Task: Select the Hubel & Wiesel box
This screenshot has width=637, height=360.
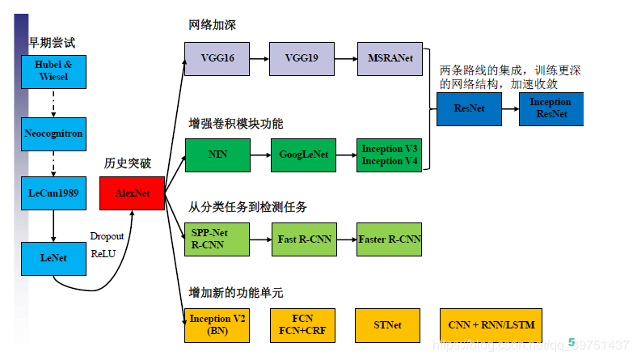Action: tap(52, 71)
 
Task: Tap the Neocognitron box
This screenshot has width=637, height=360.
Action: tap(52, 133)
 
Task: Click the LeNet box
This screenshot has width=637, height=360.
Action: tap(52, 257)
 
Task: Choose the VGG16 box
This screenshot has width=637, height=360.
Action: tap(217, 59)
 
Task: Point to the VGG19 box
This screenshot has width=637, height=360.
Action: tap(302, 59)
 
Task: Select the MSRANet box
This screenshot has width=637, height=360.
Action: tap(389, 59)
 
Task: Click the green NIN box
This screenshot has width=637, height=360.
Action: tap(217, 155)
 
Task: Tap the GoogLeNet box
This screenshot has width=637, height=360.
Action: tap(302, 155)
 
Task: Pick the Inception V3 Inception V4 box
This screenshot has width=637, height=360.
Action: tap(389, 155)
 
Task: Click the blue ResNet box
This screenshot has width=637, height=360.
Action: tap(468, 108)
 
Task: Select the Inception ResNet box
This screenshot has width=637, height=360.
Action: tap(550, 108)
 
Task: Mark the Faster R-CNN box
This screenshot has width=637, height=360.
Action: tap(389, 239)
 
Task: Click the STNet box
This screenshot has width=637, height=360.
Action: tap(387, 325)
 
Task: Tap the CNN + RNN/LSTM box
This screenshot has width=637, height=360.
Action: tap(491, 325)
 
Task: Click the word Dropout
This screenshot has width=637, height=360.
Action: tap(107, 236)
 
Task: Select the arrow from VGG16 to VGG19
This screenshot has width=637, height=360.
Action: tap(259, 59)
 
